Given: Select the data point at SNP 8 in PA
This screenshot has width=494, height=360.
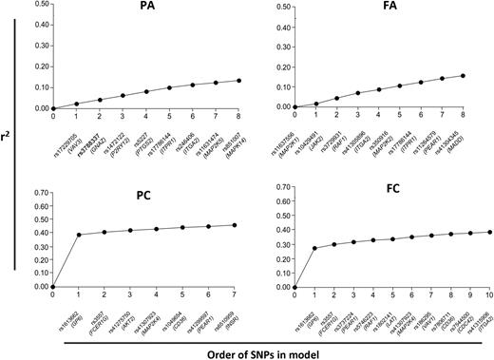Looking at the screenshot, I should click(x=238, y=81).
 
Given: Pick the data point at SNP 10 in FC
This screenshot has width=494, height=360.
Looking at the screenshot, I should click(x=487, y=232).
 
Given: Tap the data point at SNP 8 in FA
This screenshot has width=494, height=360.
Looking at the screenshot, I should click(x=487, y=76).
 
